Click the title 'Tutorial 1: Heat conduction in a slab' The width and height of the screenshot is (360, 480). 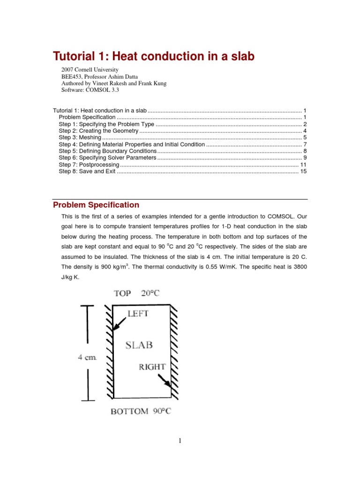pyautogui.click(x=154, y=57)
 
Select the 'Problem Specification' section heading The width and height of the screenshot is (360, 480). pyautogui.click(x=96, y=205)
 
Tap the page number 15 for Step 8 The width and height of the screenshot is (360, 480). pyautogui.click(x=303, y=172)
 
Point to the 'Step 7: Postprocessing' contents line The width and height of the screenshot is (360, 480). pyautogui.click(x=89, y=165)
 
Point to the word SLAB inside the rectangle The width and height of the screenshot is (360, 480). pyautogui.click(x=139, y=345)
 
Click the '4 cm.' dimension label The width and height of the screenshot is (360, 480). pyautogui.click(x=87, y=357)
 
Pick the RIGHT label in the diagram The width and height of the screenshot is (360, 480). pyautogui.click(x=152, y=367)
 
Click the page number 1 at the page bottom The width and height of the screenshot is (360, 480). pyautogui.click(x=180, y=440)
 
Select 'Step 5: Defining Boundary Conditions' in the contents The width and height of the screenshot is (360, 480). pyautogui.click(x=107, y=151)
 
